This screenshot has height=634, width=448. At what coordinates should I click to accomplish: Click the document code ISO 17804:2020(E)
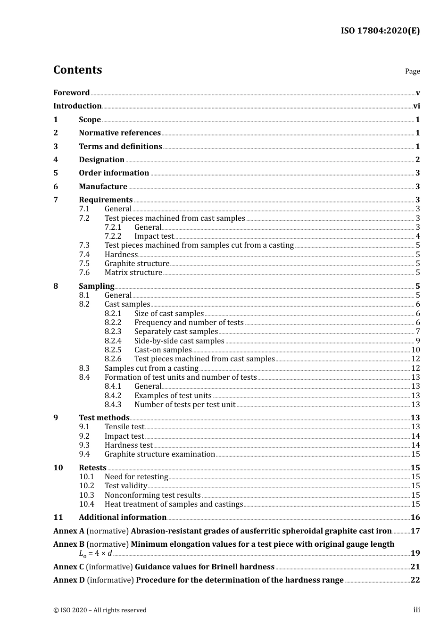pos(380,31)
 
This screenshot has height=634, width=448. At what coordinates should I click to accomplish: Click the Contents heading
pos(77,70)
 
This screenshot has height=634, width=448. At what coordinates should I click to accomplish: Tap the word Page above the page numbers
pos(412,71)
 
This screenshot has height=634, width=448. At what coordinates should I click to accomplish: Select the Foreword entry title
pos(71,93)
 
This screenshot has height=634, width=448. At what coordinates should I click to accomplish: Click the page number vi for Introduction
pos(416,106)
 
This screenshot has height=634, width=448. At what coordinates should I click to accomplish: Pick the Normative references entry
pos(120,133)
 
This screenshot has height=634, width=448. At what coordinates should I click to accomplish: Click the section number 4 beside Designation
pos(56,160)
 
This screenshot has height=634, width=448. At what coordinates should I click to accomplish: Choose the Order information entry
pos(114,173)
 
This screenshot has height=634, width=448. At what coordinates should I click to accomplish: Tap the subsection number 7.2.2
pos(113,236)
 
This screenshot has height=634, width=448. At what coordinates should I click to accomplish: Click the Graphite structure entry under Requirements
pos(137,264)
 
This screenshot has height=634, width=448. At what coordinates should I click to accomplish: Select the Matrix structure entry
pos(133,273)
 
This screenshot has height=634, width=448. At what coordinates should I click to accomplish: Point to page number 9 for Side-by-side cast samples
pos(418,341)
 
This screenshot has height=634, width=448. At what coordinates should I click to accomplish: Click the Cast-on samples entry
pos(163,350)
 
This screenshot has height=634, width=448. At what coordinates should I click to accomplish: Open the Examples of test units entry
pos(173,396)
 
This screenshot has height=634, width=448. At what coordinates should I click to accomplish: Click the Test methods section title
pos(104,418)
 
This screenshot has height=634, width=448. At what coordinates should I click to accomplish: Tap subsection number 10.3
pos(86,495)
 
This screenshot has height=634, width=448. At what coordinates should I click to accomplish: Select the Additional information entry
pos(123,517)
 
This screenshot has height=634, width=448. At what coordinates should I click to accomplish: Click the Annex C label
pos(68,567)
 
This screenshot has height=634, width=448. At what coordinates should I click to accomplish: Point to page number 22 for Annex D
pos(415,580)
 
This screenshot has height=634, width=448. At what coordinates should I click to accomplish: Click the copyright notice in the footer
pos(100,610)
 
